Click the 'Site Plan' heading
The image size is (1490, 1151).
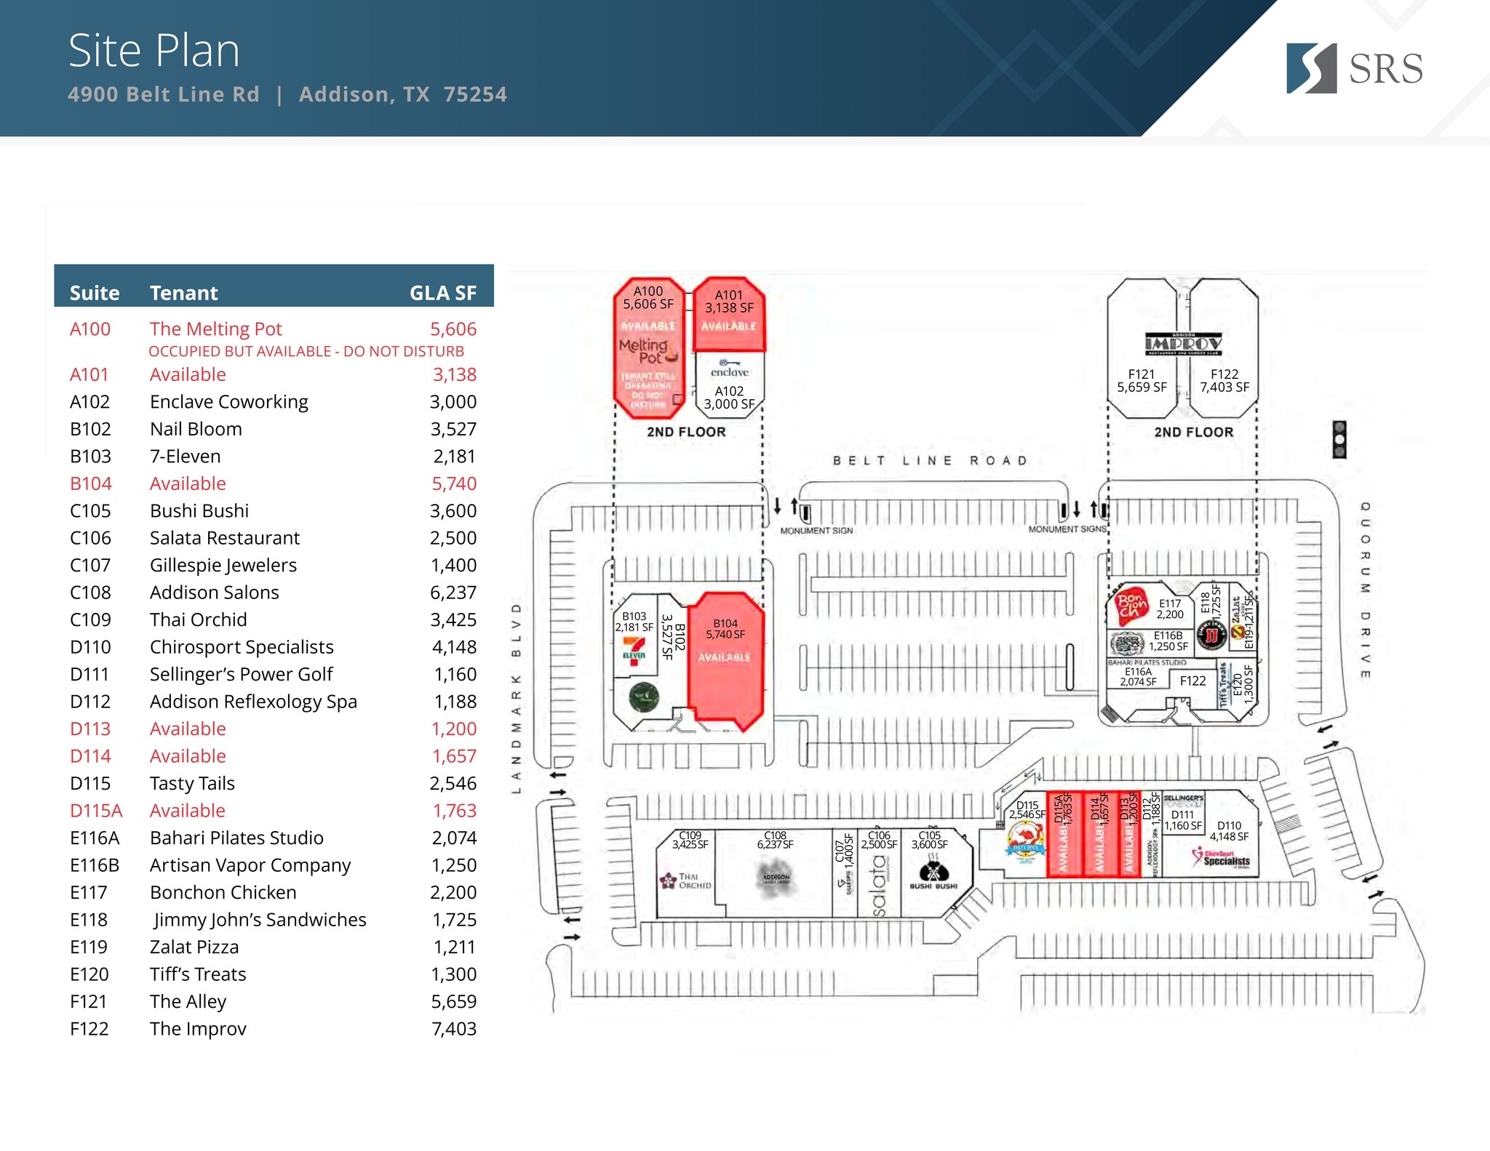(154, 51)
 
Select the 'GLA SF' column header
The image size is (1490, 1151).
(442, 293)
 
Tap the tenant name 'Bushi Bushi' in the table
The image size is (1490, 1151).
(199, 511)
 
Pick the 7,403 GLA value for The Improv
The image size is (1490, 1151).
(453, 1029)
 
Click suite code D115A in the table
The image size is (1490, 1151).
(96, 811)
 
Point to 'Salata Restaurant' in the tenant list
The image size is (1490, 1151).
(225, 538)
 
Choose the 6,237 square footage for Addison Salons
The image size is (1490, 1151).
(453, 593)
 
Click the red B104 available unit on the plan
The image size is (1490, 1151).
(725, 662)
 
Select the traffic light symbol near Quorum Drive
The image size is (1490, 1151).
(1339, 439)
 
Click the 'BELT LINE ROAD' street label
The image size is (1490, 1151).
(930, 460)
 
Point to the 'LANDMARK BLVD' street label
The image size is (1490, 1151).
(517, 698)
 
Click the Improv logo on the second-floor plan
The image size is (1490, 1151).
(1183, 343)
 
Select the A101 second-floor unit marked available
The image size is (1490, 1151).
(729, 314)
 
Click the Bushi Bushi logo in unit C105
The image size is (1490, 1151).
(933, 872)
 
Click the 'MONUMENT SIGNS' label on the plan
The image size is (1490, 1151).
(1067, 529)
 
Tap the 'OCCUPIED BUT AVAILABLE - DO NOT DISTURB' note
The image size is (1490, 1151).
(306, 351)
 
